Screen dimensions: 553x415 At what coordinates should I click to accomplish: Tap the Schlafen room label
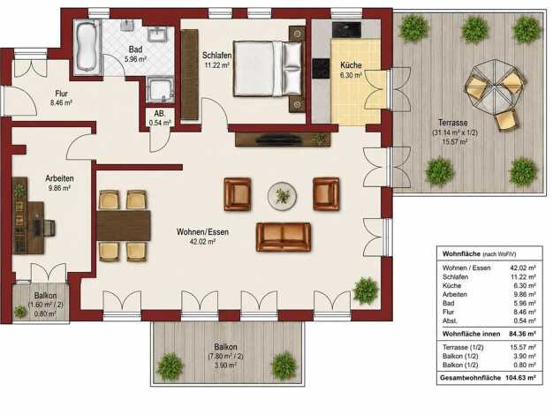point(216,56)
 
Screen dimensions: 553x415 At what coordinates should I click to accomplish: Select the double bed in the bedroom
point(268,69)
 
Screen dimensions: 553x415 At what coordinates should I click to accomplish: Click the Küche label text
point(351,65)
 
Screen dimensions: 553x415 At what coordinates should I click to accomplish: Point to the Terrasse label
point(453,123)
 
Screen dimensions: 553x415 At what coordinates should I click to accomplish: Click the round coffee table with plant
point(282,196)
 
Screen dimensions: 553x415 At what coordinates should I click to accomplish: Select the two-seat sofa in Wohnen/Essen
point(284,237)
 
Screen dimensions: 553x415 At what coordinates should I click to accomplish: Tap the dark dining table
point(124,225)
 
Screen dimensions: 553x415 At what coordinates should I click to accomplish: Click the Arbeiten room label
point(59,178)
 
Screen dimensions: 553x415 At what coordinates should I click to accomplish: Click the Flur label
point(61,94)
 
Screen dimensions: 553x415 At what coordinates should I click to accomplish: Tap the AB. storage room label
point(159,114)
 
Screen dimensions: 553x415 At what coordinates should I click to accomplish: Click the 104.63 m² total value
point(520,378)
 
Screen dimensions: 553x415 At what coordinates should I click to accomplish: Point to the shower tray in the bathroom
point(160,89)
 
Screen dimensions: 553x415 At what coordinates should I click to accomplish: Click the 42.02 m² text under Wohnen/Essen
point(202,242)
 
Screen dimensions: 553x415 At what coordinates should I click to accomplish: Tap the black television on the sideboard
point(279,140)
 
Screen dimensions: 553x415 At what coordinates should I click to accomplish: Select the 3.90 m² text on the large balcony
point(225,366)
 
